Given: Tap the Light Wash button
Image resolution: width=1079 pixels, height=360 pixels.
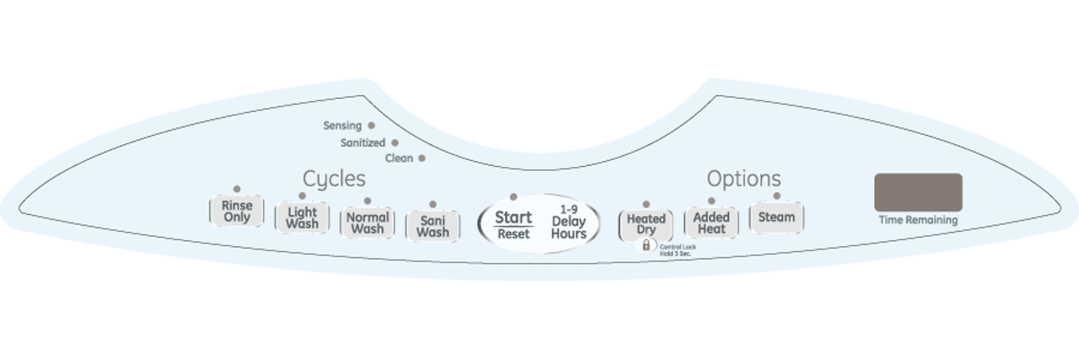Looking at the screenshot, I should point(302,218).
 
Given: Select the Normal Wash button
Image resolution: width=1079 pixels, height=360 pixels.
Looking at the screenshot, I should point(367,223).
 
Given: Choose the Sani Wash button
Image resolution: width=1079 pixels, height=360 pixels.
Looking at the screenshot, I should point(432,226).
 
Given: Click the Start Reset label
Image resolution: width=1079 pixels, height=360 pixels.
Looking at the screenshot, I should point(513,224).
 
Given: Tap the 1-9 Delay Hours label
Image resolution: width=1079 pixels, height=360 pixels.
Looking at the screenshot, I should point(568,222).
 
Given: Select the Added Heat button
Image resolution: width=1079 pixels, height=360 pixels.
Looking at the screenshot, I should point(711,223).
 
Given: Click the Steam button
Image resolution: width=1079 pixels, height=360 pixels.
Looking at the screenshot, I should point(776,217).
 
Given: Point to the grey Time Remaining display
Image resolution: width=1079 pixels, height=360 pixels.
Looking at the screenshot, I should point(918,192).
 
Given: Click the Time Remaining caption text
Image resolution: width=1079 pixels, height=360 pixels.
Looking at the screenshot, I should point(918,221).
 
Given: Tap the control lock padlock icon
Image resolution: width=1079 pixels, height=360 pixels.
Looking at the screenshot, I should point(647,245).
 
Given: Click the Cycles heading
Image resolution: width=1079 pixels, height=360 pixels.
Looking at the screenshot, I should point(334,179).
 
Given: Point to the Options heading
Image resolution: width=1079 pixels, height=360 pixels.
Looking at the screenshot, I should point(743,179).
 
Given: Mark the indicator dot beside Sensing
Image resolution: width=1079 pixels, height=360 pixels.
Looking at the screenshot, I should point(371,126).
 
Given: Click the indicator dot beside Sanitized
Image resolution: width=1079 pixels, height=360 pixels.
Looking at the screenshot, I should point(395,142).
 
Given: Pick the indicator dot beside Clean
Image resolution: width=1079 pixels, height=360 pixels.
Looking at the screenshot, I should point(421,158).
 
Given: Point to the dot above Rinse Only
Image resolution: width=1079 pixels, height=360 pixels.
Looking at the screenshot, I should point(237,189).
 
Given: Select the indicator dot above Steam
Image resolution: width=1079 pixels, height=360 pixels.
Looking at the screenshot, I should point(776,196).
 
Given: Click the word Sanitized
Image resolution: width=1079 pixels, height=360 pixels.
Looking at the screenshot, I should point(362,143).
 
